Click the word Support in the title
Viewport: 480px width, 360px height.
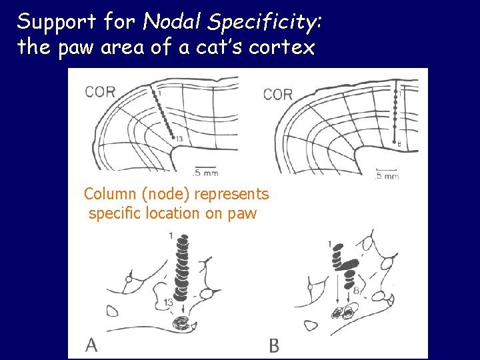click(57, 23)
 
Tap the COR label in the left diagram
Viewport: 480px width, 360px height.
click(100, 92)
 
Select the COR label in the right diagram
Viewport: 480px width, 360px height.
click(278, 95)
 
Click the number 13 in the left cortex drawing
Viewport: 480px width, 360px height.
click(179, 138)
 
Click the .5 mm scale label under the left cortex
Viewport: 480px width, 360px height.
click(207, 173)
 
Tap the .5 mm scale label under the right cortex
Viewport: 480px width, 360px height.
click(387, 177)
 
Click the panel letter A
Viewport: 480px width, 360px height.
click(92, 345)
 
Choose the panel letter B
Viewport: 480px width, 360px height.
click(274, 345)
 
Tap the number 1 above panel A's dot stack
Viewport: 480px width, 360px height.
click(171, 235)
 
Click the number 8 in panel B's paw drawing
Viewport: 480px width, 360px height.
click(357, 290)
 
